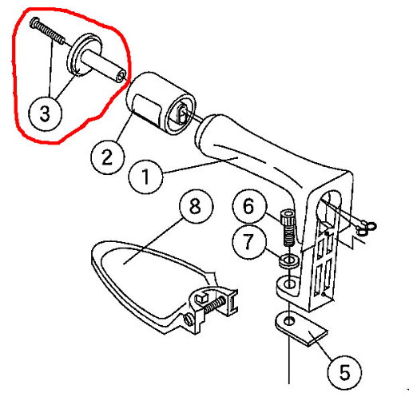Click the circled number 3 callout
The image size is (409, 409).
pos(45,113)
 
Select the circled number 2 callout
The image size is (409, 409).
pos(107,157)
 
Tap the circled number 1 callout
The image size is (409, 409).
pos(145,177)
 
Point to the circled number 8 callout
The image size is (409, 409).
pos(197,206)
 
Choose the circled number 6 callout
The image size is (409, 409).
pos(249,206)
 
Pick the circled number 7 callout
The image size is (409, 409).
pos(249,242)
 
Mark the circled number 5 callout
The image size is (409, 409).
pos(344,372)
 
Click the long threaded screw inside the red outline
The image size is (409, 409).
pos(47,30)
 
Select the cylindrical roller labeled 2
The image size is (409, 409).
pos(161,103)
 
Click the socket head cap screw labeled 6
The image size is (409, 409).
pos(288,228)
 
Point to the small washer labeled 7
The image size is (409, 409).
pos(288,260)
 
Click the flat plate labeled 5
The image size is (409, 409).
pos(301,328)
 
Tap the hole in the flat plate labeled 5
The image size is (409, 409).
pos(288,321)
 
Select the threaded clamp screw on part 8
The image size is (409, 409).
pos(215,304)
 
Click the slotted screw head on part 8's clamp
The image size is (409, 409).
pos(189,320)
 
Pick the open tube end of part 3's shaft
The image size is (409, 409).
pos(121,77)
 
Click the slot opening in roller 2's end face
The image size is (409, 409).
pos(182,115)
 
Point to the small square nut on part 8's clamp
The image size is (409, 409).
pos(201,298)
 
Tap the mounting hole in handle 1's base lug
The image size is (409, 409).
pos(289,284)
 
